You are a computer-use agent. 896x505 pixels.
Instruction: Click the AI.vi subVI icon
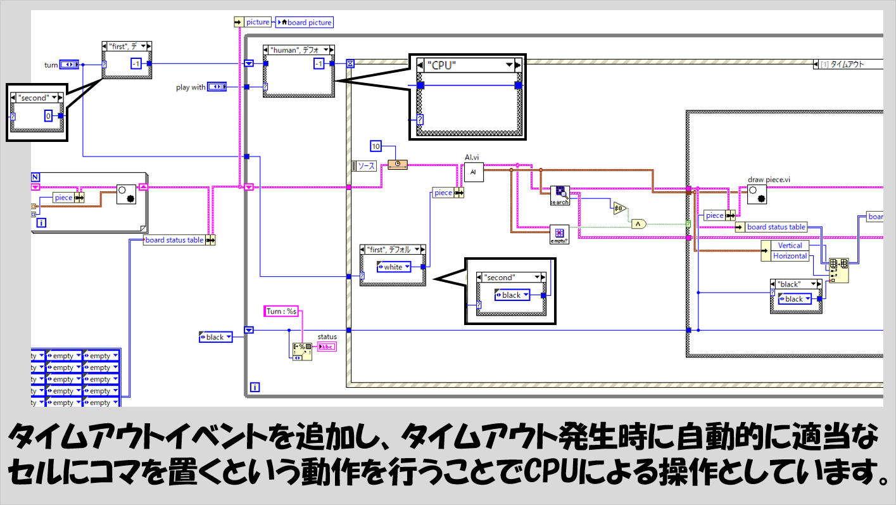pos(473,172)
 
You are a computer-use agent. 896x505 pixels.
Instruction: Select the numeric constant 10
pos(375,146)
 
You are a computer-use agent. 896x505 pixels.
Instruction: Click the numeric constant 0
pos(48,115)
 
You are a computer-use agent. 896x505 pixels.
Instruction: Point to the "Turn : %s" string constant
pos(281,311)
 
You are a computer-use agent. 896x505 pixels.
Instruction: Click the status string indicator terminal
pos(327,346)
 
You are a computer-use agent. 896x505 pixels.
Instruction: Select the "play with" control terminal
pos(217,87)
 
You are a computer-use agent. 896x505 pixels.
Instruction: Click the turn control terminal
pos(68,65)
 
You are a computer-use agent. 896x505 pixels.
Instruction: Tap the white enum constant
pos(393,267)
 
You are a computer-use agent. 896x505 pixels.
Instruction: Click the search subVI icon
pos(560,195)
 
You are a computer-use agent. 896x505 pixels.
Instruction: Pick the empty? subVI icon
pos(560,234)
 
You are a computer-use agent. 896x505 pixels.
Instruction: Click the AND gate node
pos(639,223)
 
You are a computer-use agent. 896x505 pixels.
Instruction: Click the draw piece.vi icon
pos(757,195)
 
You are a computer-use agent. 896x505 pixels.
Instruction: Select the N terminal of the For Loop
pos(35,176)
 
